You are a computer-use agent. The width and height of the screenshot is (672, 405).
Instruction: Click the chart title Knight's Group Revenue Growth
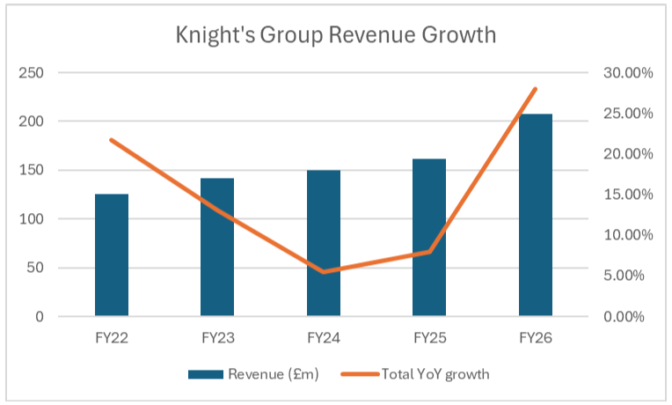[x=336, y=35]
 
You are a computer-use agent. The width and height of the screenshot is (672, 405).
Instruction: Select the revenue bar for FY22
[x=112, y=254]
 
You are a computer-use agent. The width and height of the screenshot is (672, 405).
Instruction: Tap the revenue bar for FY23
[x=217, y=247]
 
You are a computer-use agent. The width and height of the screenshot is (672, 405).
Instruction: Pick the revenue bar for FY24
[x=324, y=243]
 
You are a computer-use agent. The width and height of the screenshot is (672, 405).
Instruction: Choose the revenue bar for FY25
[x=429, y=237]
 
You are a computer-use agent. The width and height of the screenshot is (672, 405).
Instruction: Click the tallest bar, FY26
[x=536, y=215]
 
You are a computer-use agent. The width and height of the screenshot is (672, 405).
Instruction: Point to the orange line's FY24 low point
[x=324, y=271]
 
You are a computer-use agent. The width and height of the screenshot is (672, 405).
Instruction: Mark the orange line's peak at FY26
[x=536, y=89]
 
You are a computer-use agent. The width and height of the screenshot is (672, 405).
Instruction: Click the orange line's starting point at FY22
[x=112, y=140]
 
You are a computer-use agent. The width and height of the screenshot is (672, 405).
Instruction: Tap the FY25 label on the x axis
[x=430, y=338]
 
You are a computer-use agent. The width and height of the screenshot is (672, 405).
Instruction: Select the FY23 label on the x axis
[x=218, y=338]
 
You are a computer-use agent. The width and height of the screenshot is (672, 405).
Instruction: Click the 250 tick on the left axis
[x=31, y=73]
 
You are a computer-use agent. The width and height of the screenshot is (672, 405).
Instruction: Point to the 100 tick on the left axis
[x=31, y=219]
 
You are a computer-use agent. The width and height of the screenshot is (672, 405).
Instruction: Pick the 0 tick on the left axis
[x=40, y=317]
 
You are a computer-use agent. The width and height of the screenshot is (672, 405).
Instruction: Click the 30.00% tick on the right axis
[x=628, y=73]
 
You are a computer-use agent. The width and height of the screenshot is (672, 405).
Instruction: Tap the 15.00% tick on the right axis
[x=628, y=195]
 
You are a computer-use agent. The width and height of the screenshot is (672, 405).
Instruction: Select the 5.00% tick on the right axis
[x=624, y=276]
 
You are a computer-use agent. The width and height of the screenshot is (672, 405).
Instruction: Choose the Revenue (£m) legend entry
[x=253, y=374]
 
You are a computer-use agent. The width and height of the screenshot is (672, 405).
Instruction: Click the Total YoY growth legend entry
[x=415, y=374]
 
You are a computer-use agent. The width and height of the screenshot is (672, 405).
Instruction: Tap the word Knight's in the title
[x=215, y=35]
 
